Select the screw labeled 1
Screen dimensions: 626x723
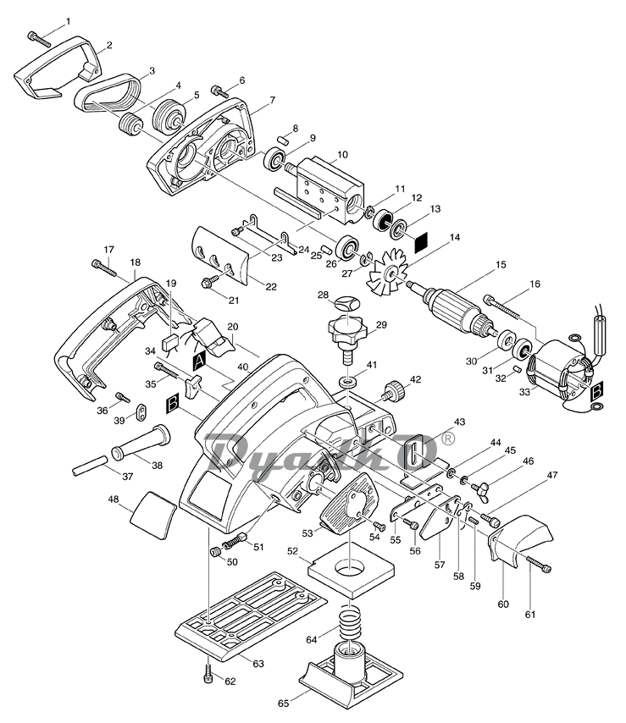(39, 38)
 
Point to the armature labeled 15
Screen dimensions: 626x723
(456, 307)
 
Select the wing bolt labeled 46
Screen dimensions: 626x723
(480, 486)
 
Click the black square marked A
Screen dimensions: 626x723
(199, 362)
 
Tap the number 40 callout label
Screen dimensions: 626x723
(243, 367)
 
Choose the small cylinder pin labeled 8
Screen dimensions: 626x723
(283, 141)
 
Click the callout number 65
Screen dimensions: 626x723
(283, 704)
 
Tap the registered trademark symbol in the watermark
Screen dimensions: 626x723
(447, 439)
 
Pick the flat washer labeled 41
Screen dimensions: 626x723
(348, 383)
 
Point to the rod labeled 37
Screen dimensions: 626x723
(91, 466)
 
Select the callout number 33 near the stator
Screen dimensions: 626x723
(524, 392)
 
